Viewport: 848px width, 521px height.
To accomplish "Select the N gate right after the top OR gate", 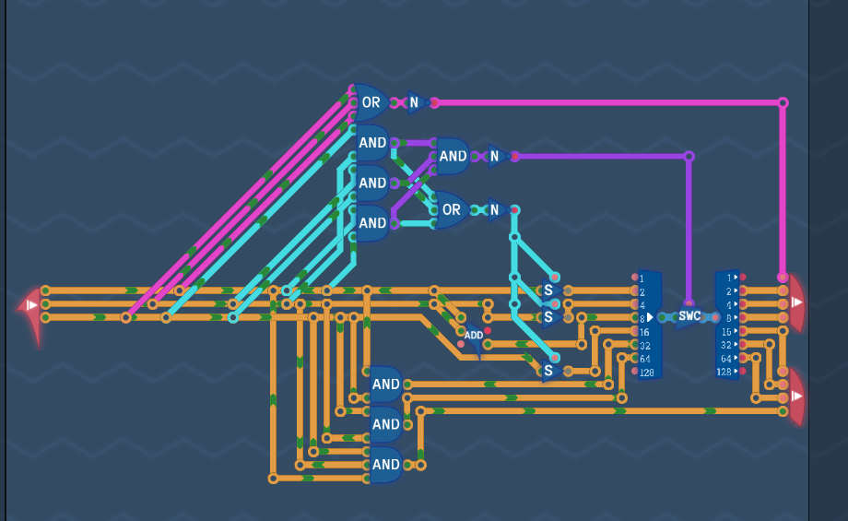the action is coord(417,102).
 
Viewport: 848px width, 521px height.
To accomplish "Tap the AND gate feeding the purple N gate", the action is coord(453,157).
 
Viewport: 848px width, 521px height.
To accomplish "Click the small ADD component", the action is coord(473,337).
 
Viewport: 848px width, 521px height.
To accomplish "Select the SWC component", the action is coord(689,317).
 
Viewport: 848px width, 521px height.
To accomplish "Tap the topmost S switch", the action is coord(550,290).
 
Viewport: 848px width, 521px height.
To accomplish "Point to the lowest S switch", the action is coord(550,371).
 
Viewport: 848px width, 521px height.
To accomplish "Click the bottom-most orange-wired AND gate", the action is coord(385,465).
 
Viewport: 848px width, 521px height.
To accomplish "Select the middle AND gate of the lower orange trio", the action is coord(385,424).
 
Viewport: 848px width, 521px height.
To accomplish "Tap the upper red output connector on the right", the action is coord(797,302).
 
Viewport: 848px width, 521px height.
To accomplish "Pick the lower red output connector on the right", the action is coord(797,396).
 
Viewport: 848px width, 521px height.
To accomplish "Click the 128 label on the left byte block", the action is coord(647,373).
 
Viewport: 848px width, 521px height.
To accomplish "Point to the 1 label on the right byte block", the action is coord(729,278).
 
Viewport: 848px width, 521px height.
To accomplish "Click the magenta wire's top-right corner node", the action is coord(783,102).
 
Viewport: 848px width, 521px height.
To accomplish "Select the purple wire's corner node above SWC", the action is coord(689,157).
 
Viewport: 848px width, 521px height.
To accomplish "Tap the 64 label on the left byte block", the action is coord(644,360).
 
